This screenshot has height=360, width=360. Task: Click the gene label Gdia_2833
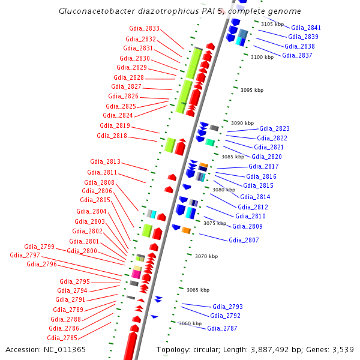[144, 29]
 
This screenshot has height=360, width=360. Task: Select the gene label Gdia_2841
[305, 28]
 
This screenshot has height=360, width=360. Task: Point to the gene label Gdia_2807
[244, 240]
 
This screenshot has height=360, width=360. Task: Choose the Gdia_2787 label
[222, 328]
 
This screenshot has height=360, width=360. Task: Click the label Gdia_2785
[61, 338]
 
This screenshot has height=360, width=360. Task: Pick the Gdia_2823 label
[274, 128]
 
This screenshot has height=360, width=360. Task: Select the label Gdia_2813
[105, 161]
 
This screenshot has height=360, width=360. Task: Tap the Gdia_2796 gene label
[41, 264]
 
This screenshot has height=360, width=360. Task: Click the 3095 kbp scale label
[251, 90]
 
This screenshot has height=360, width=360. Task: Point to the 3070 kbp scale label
[206, 256]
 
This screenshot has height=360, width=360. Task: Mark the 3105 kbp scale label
[272, 24]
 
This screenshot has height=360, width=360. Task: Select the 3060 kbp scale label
[190, 323]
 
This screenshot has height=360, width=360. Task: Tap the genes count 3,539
[343, 349]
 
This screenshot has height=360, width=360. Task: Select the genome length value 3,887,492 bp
[282, 349]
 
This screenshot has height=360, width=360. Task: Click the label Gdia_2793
[227, 307]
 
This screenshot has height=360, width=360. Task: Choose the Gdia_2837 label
[297, 55]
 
